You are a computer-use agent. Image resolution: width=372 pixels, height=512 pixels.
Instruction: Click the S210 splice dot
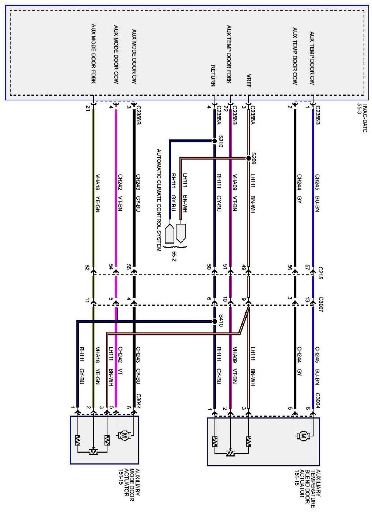[x=215, y=141]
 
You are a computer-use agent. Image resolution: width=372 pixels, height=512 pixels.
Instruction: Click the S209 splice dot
[x=248, y=158]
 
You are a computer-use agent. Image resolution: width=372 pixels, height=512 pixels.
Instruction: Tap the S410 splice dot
[x=215, y=322]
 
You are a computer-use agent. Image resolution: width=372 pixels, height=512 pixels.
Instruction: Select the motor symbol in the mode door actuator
[x=125, y=435]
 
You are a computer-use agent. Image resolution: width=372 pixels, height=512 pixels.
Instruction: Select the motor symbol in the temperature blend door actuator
[x=304, y=435]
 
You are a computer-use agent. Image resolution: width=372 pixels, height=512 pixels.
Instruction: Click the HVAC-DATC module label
[x=362, y=118]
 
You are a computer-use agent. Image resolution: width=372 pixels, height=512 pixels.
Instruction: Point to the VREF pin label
[x=249, y=81]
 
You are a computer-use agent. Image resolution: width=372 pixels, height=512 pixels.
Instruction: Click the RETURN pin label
[x=213, y=76]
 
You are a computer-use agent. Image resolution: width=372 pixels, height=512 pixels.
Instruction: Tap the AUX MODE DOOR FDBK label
[x=94, y=53]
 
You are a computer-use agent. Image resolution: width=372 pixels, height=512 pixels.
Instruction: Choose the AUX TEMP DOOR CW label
[x=312, y=58]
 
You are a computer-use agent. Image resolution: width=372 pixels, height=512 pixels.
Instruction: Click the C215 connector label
[x=320, y=273]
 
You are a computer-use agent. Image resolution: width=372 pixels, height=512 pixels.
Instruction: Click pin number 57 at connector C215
[x=308, y=267]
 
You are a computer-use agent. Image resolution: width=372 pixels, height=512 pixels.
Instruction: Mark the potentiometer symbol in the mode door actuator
[x=93, y=452]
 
